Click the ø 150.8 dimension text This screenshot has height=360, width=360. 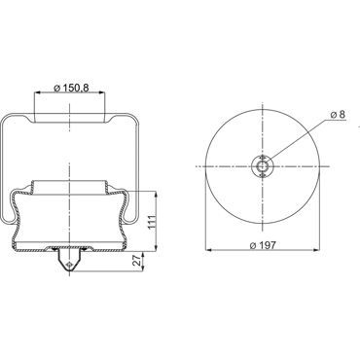tap(71, 88)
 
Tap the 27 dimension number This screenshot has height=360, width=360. tap(138, 260)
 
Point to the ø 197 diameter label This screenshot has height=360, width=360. tap(264, 245)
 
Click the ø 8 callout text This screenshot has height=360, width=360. tap(338, 114)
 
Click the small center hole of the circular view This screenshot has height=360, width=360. tap(263, 166)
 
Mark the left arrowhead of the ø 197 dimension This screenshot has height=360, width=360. tap(208, 250)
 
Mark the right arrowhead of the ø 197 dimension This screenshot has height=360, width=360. tap(317, 250)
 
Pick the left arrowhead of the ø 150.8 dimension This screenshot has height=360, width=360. tap(37, 92)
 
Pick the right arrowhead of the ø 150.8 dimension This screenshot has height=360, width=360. tap(102, 92)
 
